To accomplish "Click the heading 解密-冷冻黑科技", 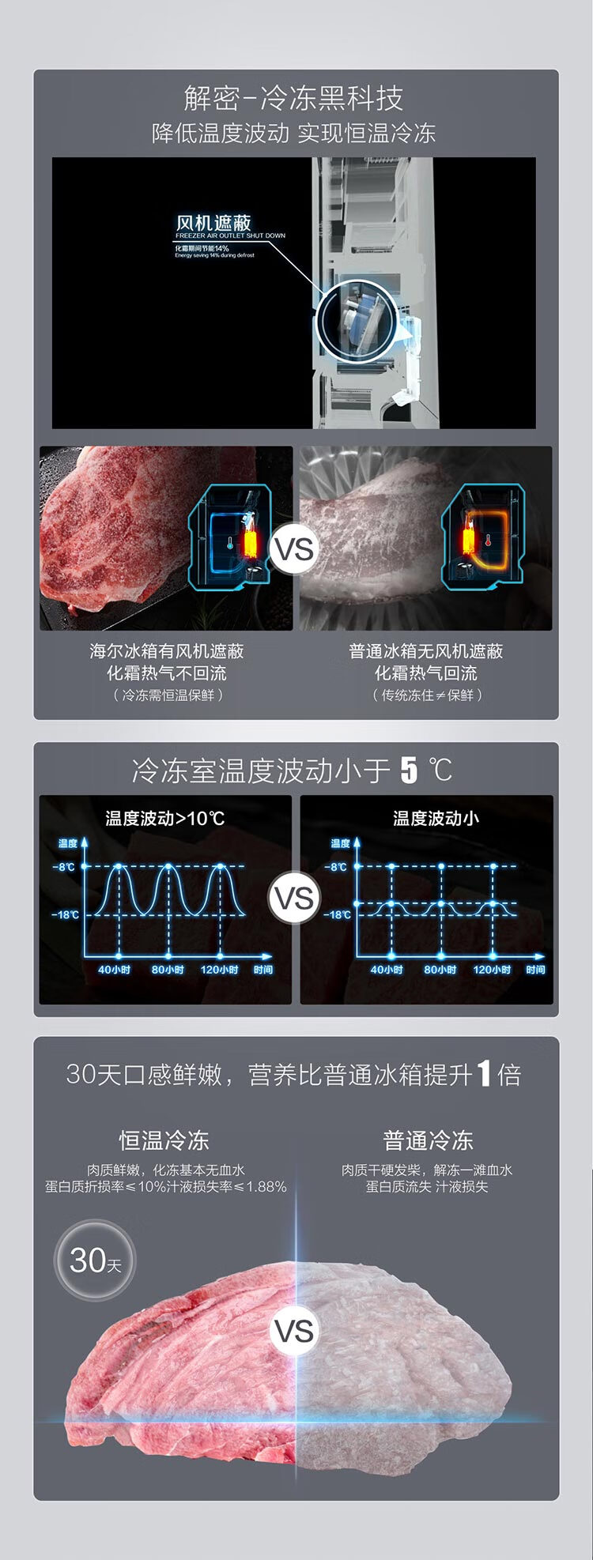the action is [x=293, y=99].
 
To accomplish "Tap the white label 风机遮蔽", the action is [x=213, y=223].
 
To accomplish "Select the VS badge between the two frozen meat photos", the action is [x=294, y=548].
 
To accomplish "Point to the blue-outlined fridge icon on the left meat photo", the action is [x=230, y=537].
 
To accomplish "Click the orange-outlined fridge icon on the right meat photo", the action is [x=482, y=537].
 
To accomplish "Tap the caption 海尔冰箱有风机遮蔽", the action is [x=166, y=651].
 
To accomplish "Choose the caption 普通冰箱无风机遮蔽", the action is [x=425, y=651].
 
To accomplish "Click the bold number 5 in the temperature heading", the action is [x=408, y=771].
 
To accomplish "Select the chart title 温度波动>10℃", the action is [x=165, y=818].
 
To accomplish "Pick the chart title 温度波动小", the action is [x=436, y=818].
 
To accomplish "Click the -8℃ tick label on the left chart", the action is [x=64, y=867].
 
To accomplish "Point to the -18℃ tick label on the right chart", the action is [x=338, y=914].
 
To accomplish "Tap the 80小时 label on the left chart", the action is [x=168, y=970].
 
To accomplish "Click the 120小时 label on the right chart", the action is [x=492, y=970].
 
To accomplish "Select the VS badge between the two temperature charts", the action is [x=294, y=898].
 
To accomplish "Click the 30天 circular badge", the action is [x=95, y=1260].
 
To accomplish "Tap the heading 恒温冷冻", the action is [x=164, y=1140].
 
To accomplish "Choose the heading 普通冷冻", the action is [x=428, y=1140].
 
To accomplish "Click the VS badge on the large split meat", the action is [x=294, y=1331].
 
